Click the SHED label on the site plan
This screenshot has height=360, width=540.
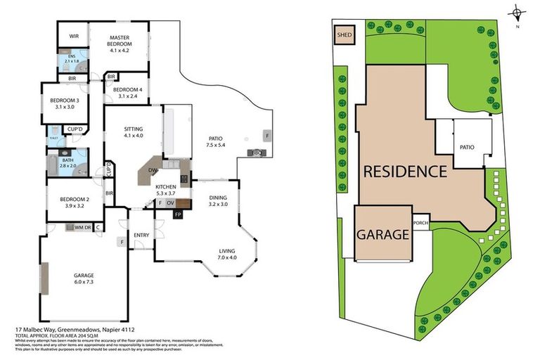pos(345,34)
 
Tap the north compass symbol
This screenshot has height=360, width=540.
pos(517,13)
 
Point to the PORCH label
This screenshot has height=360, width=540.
pos(421,224)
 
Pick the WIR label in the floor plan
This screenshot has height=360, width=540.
pos(73,36)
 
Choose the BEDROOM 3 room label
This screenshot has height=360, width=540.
pos(64,104)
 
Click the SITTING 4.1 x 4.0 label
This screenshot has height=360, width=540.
pos(134,133)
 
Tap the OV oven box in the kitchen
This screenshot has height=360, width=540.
pos(170,203)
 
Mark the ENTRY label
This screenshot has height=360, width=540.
pos(141,236)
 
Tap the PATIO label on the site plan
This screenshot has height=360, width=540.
pos(468,147)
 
